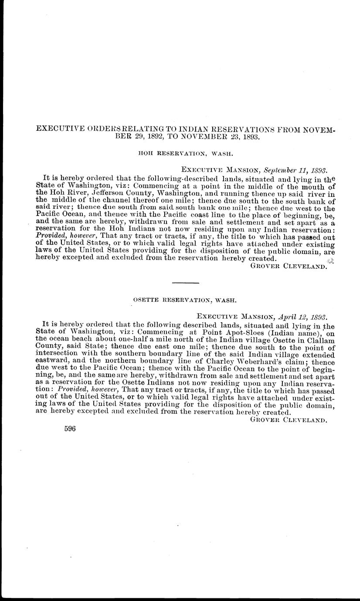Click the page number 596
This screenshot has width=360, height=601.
pos(70,429)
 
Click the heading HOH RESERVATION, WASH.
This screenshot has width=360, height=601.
pos(180,154)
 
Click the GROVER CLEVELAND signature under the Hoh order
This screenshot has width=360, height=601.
pos(289,267)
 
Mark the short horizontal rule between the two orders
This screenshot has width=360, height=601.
pos(185,283)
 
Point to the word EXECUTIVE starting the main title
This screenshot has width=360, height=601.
pos(57,129)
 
